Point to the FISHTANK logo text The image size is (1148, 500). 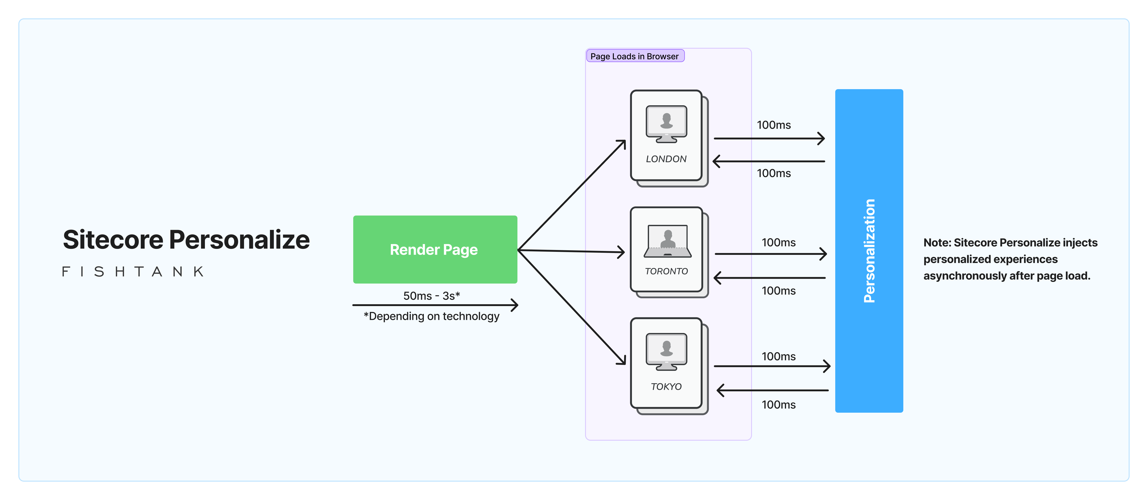click(x=133, y=272)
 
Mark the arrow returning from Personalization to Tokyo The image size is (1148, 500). click(x=772, y=390)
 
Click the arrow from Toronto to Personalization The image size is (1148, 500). click(x=770, y=254)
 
